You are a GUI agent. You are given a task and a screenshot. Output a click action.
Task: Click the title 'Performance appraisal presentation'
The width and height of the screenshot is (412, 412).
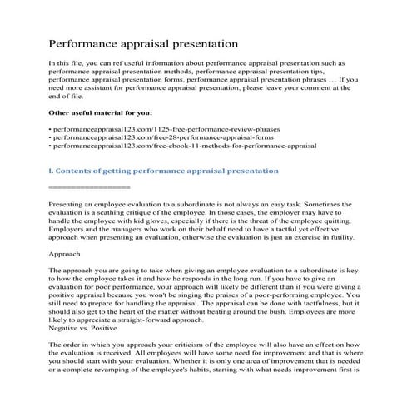tap(143, 42)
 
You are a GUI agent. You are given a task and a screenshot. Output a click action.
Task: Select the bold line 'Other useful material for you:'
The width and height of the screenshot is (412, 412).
tap(100, 112)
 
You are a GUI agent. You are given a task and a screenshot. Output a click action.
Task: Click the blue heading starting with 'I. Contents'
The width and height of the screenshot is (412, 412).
tap(164, 170)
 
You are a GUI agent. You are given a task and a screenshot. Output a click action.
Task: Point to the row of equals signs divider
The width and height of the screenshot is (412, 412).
tap(89, 187)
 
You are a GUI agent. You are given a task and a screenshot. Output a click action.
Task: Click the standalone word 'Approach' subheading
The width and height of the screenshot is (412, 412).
tap(65, 253)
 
